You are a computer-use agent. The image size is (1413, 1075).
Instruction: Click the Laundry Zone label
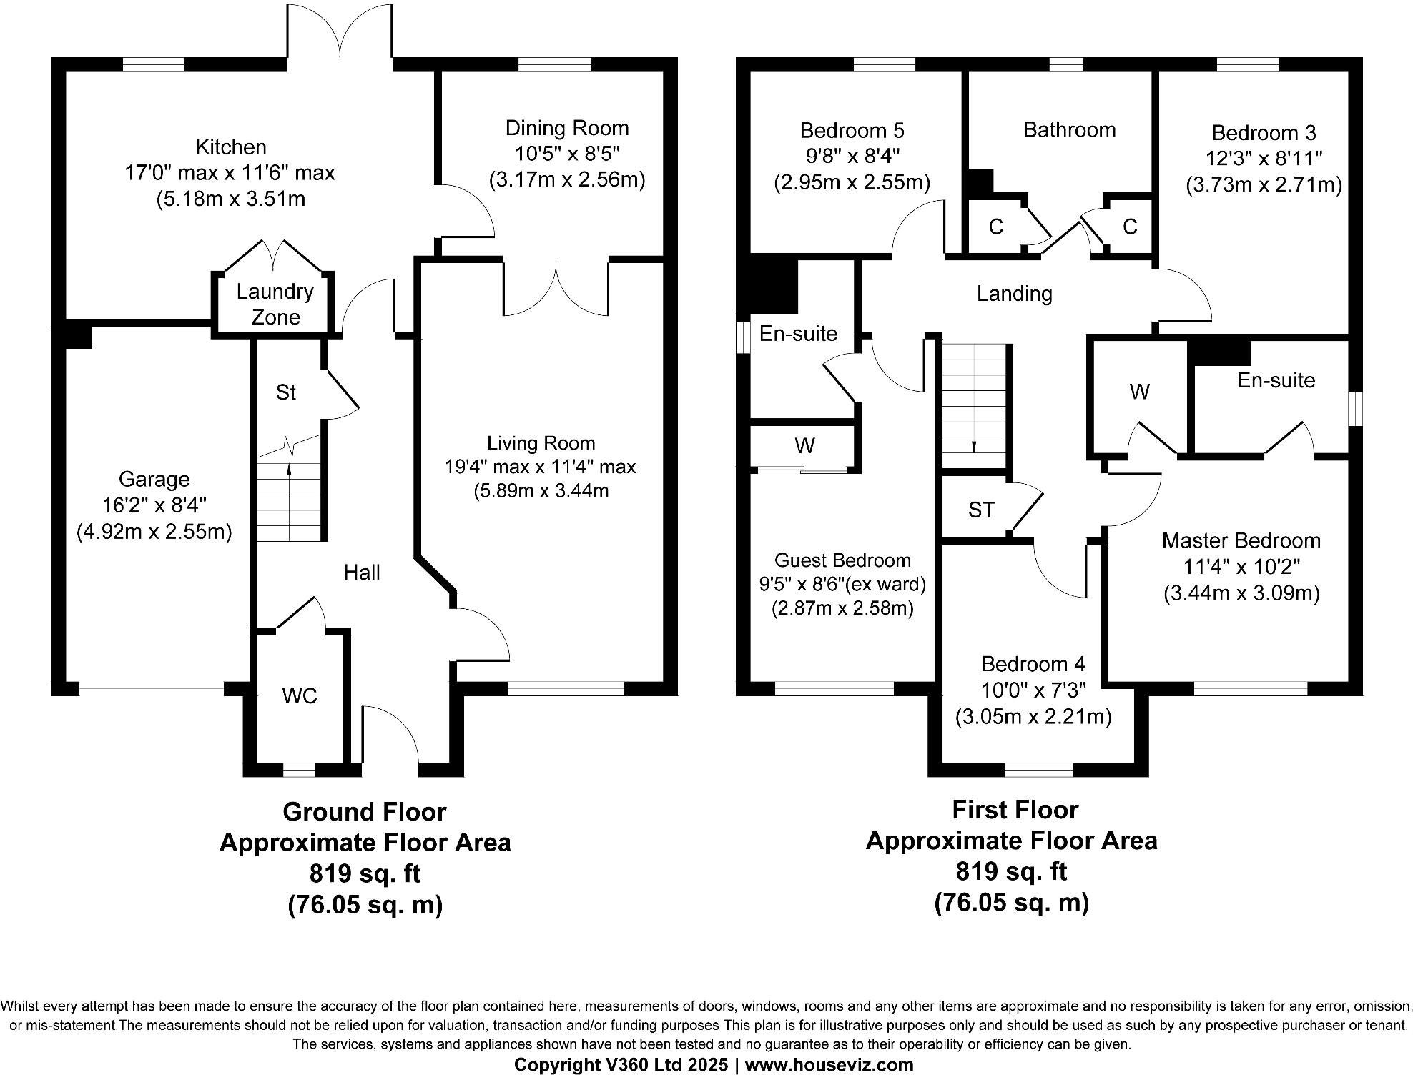pos(275,304)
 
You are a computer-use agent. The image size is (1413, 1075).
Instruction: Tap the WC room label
pos(300,695)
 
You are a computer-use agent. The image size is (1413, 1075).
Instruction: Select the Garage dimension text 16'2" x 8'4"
pos(154,505)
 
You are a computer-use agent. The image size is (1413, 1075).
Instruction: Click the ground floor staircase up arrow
pos(289,470)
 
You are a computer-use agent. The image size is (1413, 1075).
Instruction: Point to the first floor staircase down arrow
pos(973,446)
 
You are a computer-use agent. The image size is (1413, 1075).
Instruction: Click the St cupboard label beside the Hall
pos(286,392)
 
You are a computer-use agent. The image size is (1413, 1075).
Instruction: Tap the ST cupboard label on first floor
pos(981,510)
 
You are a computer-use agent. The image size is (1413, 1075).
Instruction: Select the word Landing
pos(1014,294)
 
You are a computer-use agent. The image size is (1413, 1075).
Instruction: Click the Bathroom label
pos(1069,129)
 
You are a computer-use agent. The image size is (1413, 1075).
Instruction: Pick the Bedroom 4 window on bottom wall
pos(1038,770)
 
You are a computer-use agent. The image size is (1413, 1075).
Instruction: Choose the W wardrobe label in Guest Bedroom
pos(804,445)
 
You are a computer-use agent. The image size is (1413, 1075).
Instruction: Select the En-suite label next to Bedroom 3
pos(1276,380)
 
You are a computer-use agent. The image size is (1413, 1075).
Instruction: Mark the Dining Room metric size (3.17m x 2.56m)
pos(566,179)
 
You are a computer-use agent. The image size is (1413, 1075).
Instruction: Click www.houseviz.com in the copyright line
pos(829,1064)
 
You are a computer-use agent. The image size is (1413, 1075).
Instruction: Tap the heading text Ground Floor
pos(364,811)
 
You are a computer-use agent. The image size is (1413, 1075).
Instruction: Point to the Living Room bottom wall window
pos(566,688)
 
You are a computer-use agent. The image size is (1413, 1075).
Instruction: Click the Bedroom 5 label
pos(852,130)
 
